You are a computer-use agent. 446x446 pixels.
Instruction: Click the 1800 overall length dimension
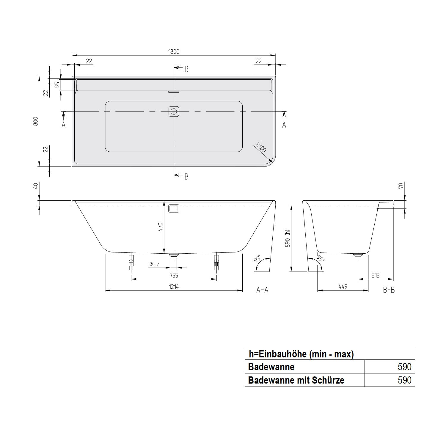point(174,52)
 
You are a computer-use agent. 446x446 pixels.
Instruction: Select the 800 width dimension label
point(36,121)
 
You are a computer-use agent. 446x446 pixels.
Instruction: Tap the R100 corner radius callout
point(261,147)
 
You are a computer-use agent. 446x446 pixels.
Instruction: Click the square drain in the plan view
point(174,112)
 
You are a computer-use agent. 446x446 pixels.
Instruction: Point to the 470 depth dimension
point(161,227)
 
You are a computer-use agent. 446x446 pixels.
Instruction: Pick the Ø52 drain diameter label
point(154,264)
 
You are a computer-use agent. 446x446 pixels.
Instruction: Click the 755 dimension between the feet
point(174,275)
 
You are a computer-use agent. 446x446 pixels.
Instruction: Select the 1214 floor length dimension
point(174,287)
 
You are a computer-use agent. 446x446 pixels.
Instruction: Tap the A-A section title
point(262,290)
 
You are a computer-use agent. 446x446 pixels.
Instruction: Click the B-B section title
point(389,290)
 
